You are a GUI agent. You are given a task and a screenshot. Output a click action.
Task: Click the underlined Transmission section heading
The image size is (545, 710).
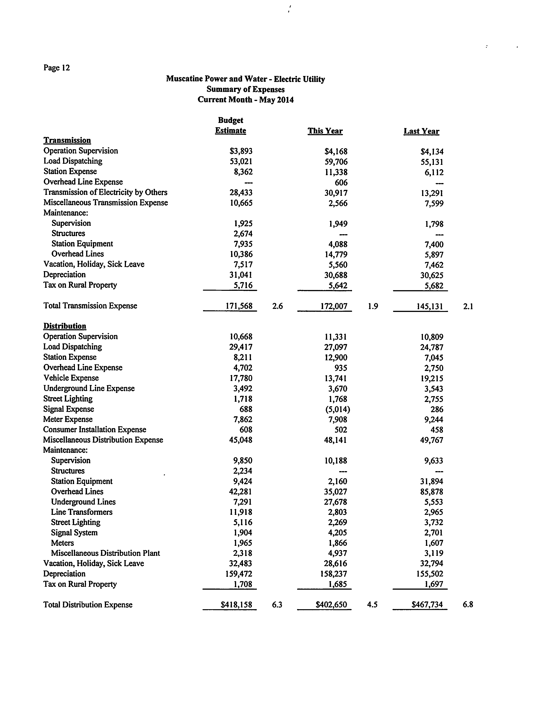click(x=67, y=140)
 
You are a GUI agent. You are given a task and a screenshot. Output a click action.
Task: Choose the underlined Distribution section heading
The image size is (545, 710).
click(x=65, y=326)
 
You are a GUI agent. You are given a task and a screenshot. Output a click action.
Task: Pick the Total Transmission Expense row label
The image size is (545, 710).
click(x=90, y=306)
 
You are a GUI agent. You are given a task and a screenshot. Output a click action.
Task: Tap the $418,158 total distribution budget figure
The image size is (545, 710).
click(x=236, y=605)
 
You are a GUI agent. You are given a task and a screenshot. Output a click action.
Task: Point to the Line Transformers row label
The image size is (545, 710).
click(x=82, y=512)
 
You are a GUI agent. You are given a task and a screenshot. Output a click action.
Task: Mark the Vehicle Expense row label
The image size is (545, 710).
click(x=71, y=378)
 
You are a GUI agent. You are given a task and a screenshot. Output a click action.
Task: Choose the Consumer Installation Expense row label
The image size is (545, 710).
click(x=95, y=430)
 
